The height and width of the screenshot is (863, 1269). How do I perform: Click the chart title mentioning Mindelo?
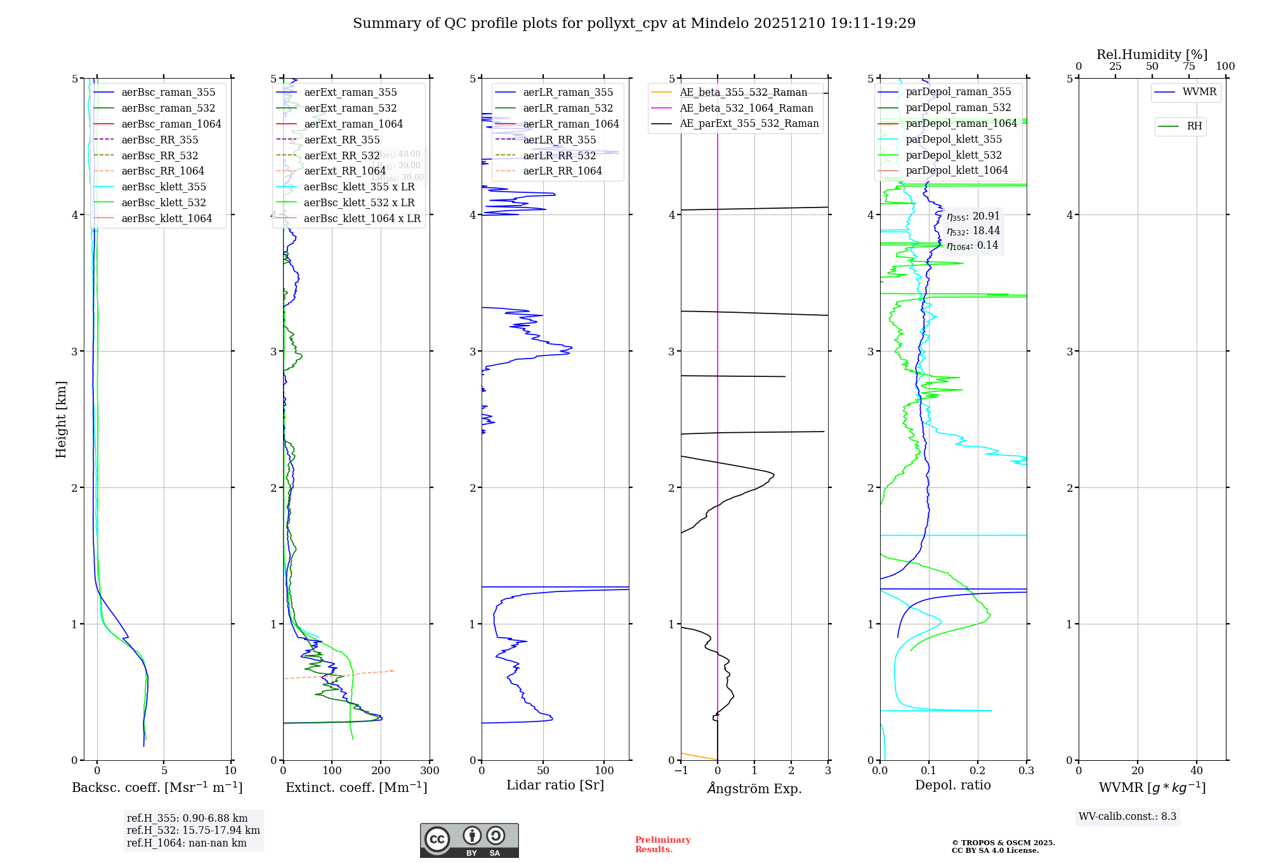(x=634, y=23)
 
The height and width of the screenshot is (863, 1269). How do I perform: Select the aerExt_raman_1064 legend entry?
(x=353, y=124)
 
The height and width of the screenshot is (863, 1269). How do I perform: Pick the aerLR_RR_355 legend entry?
(x=559, y=140)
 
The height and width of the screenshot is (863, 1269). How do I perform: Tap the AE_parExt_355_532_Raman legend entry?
(x=749, y=123)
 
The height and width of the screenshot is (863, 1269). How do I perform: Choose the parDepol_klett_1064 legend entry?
(x=956, y=170)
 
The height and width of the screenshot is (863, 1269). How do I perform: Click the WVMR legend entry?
(x=1199, y=92)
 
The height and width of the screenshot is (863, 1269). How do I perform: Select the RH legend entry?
(x=1193, y=126)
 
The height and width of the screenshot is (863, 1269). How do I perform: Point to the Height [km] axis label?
(x=61, y=419)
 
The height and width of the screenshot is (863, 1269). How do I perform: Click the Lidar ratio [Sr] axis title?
(x=555, y=785)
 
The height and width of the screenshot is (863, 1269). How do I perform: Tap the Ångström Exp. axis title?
(x=754, y=788)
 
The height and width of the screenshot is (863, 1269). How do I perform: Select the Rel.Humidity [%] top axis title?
(x=1152, y=55)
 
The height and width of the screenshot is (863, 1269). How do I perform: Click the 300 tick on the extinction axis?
(x=430, y=770)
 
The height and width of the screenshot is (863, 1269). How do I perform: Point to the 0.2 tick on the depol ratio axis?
(x=978, y=770)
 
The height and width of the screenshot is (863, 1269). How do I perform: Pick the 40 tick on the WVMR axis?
(x=1197, y=770)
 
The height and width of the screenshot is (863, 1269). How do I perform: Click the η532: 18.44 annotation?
(x=973, y=231)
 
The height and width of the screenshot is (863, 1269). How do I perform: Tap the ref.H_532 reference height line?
(x=193, y=830)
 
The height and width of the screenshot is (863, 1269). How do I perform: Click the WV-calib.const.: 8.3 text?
(x=1127, y=816)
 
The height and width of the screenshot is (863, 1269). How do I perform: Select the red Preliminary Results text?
(x=662, y=844)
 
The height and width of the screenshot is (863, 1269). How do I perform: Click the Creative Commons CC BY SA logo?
(x=469, y=840)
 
